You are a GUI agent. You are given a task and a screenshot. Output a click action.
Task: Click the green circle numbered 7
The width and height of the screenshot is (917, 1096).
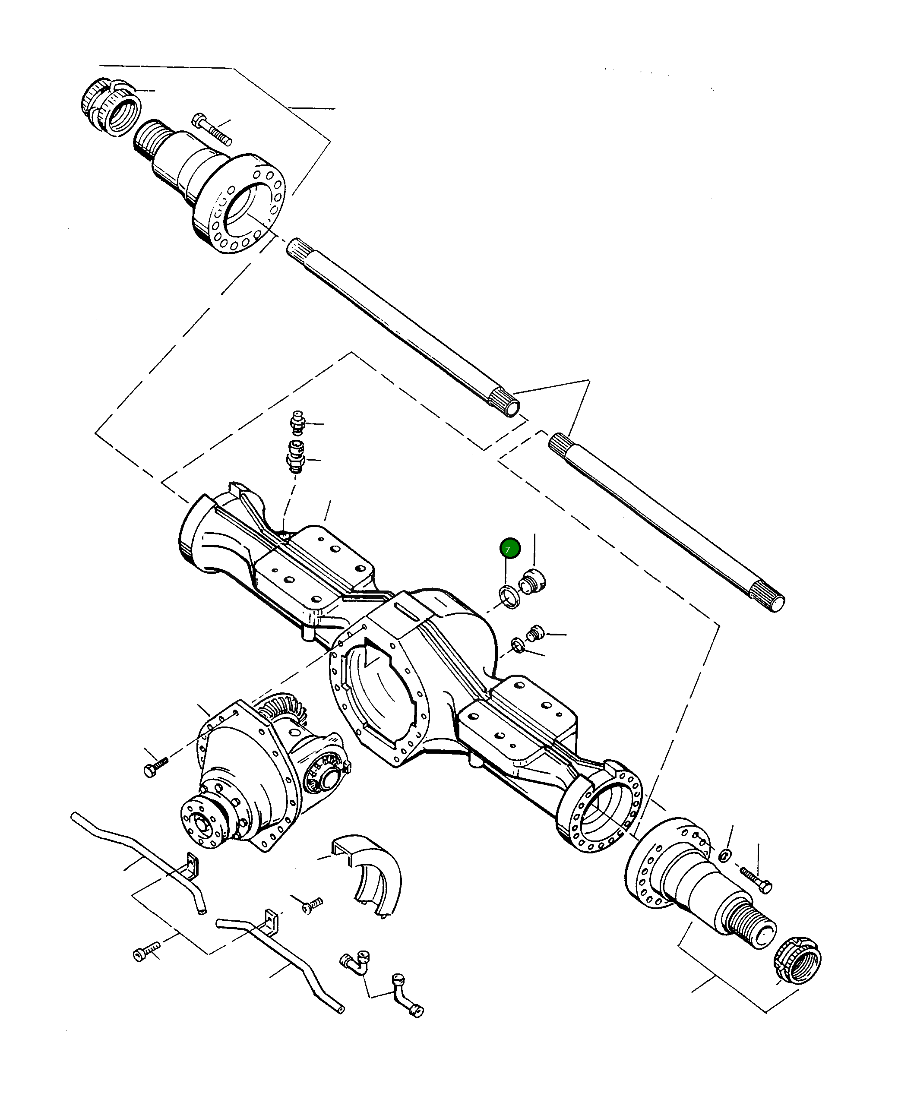pyautogui.click(x=510, y=549)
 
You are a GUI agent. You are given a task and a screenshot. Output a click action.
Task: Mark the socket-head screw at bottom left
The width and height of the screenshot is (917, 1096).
pyautogui.click(x=145, y=951)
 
